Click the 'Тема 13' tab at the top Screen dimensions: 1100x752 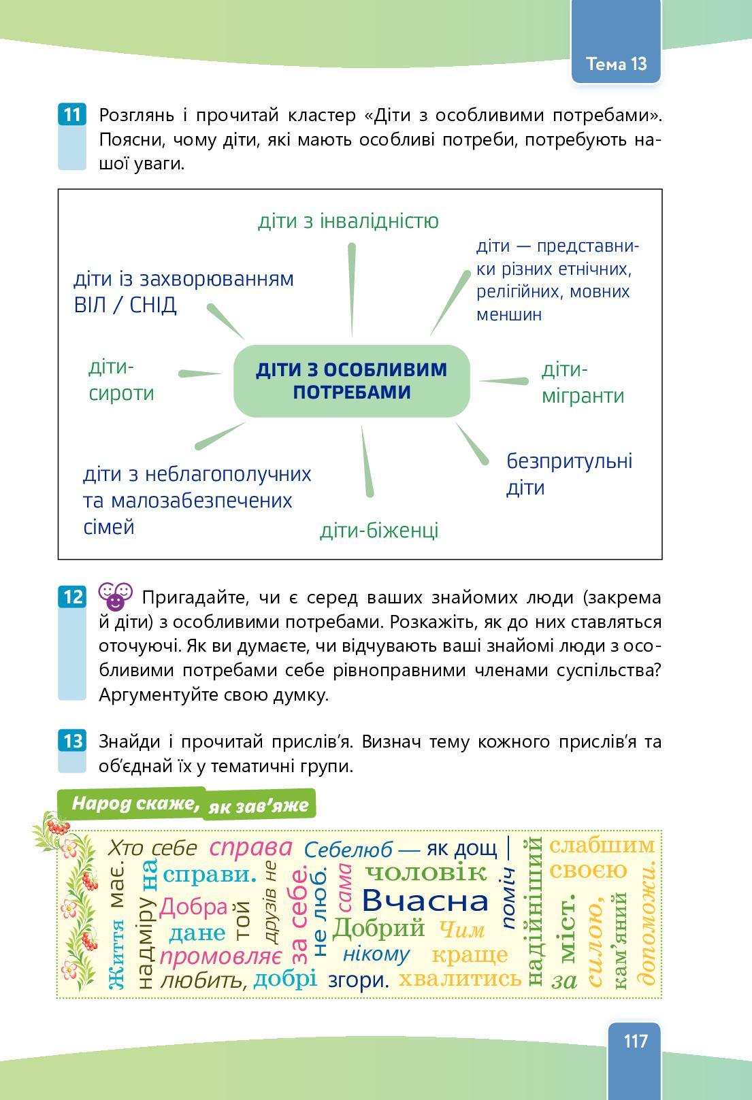[x=616, y=64]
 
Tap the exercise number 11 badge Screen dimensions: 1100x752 [x=71, y=114]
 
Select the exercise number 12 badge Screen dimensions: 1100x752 [x=71, y=597]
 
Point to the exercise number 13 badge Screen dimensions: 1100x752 [x=71, y=740]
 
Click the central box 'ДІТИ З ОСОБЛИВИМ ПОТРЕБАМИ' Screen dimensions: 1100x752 [x=351, y=380]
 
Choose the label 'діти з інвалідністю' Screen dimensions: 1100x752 [x=348, y=221]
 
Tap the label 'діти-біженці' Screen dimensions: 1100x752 [x=379, y=530]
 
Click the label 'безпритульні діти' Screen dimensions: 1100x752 [x=569, y=474]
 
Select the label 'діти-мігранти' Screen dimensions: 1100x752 [x=583, y=383]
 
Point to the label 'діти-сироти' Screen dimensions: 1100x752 [x=121, y=380]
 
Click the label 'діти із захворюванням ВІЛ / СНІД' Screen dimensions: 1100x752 [x=183, y=291]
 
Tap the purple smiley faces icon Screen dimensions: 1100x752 [x=115, y=595]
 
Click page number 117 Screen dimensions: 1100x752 [x=634, y=1041]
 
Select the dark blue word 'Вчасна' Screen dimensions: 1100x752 [x=425, y=901]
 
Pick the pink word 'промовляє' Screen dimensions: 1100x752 [x=220, y=956]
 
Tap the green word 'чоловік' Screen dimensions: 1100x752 [x=426, y=871]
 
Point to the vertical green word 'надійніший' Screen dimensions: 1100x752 [x=534, y=912]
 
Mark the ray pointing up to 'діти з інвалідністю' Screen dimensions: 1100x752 [x=352, y=289]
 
